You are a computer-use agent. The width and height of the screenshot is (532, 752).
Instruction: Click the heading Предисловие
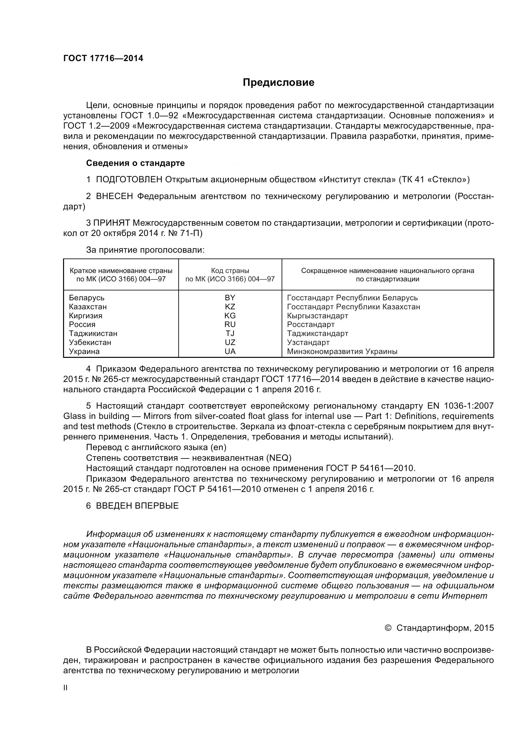(x=278, y=83)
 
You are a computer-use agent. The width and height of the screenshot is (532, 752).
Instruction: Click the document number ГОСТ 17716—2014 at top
(x=103, y=59)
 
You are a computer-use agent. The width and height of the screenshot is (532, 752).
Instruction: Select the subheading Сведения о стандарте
(x=135, y=163)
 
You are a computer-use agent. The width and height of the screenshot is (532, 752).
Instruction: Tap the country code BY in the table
(x=230, y=298)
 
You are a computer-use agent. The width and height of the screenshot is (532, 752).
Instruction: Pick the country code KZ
(x=230, y=307)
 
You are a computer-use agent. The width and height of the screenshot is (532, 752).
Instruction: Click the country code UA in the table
(x=230, y=351)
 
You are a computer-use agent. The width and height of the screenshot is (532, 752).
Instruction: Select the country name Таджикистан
(x=93, y=333)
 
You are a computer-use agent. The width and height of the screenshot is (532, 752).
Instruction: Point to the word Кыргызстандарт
(x=317, y=316)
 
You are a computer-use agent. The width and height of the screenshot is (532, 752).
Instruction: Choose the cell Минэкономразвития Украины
(x=342, y=351)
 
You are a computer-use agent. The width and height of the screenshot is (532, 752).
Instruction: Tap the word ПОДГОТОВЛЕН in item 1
(x=129, y=179)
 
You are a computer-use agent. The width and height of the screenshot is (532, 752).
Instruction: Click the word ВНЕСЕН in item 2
(x=114, y=196)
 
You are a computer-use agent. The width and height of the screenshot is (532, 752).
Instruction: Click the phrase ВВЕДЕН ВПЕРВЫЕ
(x=137, y=506)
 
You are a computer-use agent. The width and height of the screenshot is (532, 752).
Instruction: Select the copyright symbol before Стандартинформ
(x=388, y=628)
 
